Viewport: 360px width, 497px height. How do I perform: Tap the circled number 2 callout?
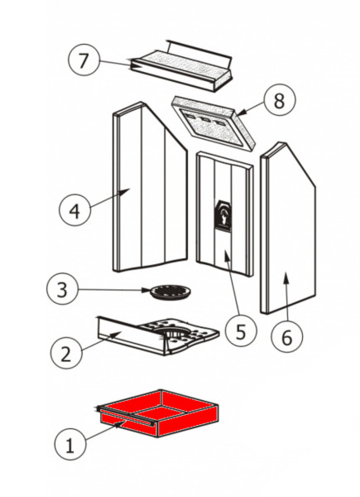click(x=66, y=354)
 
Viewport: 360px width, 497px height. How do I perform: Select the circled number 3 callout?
click(x=62, y=289)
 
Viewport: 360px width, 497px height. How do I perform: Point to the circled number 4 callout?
click(x=74, y=210)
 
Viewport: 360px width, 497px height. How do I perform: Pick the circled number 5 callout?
click(x=241, y=331)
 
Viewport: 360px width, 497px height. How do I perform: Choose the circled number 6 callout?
click(x=287, y=337)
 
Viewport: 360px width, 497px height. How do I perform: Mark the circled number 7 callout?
click(x=84, y=60)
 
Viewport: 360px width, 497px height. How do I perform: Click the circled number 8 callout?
click(x=279, y=100)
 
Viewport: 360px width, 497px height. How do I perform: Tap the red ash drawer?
click(x=158, y=413)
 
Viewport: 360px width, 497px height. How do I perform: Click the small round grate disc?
click(x=170, y=292)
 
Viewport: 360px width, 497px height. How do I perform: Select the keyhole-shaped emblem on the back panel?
click(x=223, y=216)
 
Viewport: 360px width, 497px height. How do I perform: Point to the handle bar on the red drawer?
click(x=127, y=416)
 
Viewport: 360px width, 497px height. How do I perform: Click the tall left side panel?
click(x=150, y=187)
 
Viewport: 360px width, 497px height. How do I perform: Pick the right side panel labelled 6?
click(x=287, y=228)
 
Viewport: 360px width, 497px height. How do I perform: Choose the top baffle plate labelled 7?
click(x=181, y=66)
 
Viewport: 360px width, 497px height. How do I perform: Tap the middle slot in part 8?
click(x=206, y=119)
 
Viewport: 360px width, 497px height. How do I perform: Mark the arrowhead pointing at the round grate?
click(x=146, y=290)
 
